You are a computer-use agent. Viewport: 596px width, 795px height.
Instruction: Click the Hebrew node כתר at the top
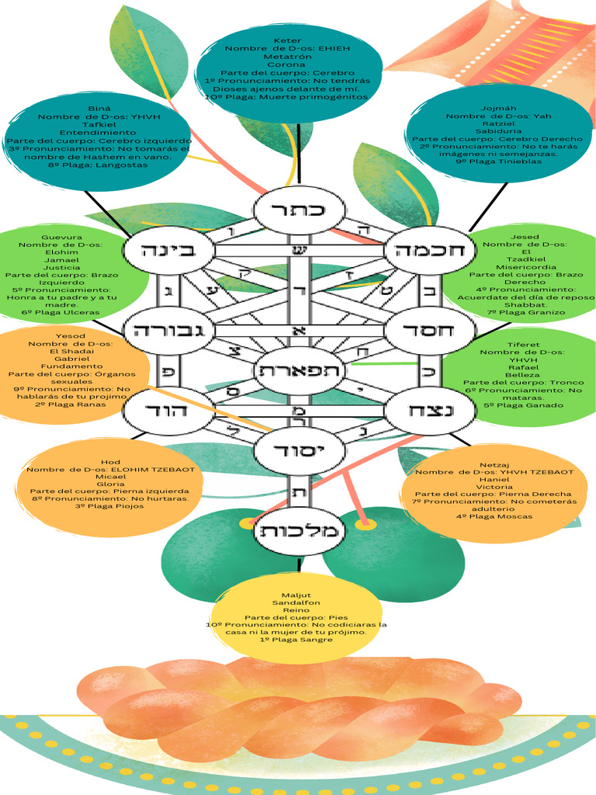[x=299, y=210]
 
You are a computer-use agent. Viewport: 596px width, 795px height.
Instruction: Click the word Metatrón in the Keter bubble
[x=288, y=57]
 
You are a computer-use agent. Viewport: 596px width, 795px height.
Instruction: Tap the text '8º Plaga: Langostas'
[x=98, y=165]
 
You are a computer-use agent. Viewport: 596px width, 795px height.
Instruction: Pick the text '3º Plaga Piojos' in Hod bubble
[x=111, y=506]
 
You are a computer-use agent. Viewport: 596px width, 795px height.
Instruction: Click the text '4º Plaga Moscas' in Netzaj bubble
[x=494, y=516]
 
